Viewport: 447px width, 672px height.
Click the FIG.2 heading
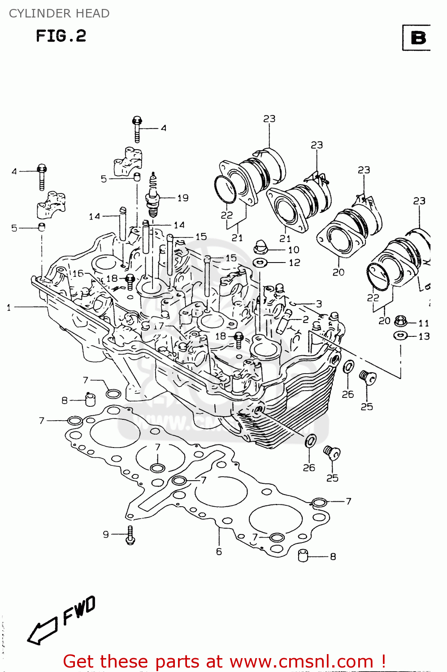point(61,36)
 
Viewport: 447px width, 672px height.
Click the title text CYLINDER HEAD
point(59,13)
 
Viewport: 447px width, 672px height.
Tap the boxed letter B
point(418,38)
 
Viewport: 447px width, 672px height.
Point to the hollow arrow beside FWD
point(42,630)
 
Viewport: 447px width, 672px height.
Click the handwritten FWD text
point(79,610)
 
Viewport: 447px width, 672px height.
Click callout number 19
point(183,198)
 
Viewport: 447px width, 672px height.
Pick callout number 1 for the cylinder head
point(9,307)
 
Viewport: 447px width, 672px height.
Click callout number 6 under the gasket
point(219,551)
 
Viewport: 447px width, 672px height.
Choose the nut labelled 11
point(400,321)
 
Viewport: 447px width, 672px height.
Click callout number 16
point(78,273)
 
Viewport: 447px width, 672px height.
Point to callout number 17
point(158,326)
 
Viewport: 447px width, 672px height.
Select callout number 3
point(319,304)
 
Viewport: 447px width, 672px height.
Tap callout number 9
point(106,534)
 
